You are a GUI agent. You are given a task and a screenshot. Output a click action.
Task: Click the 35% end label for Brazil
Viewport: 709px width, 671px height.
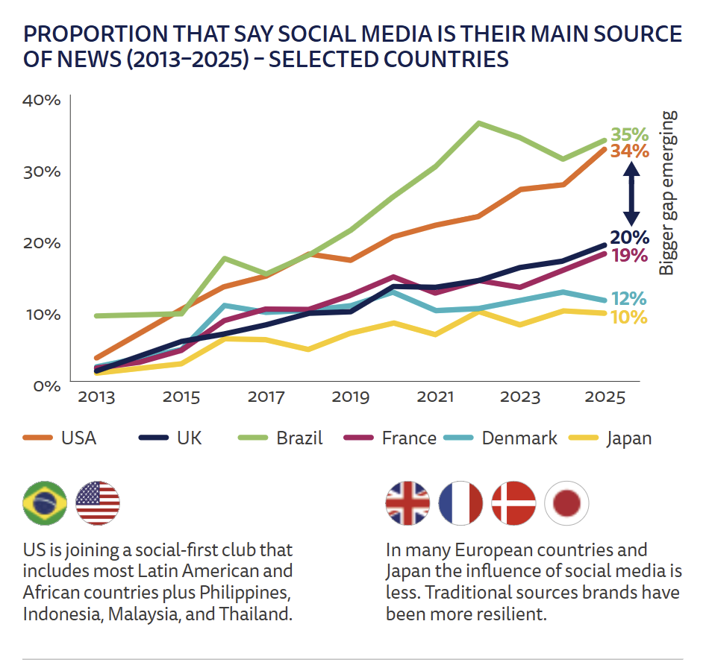point(629,135)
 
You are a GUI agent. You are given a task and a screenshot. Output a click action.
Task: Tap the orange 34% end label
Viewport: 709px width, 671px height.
point(629,151)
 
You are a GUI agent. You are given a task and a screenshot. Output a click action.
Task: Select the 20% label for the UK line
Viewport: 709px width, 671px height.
point(629,238)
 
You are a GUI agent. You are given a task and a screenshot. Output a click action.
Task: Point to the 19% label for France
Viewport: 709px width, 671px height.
point(629,256)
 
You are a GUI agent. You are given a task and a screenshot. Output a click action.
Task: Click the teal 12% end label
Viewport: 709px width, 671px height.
point(628,299)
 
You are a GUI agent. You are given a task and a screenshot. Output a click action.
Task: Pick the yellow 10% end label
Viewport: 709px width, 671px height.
point(628,317)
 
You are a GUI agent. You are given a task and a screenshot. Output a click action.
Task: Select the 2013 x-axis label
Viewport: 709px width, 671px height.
point(96,397)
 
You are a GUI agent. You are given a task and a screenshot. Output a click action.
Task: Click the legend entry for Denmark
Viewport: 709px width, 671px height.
point(502,438)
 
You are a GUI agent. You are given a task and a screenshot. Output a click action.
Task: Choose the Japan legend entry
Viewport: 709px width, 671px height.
point(612,438)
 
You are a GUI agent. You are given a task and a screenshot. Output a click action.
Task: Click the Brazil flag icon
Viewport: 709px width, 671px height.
point(45,503)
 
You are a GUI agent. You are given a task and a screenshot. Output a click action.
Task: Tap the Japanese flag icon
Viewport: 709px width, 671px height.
point(567,503)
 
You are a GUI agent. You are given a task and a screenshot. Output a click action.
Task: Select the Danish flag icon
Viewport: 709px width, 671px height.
point(514,503)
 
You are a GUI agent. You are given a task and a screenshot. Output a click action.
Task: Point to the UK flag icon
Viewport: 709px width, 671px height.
point(407,503)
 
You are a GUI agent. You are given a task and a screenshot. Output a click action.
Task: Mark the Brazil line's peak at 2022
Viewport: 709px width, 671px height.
point(478,123)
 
